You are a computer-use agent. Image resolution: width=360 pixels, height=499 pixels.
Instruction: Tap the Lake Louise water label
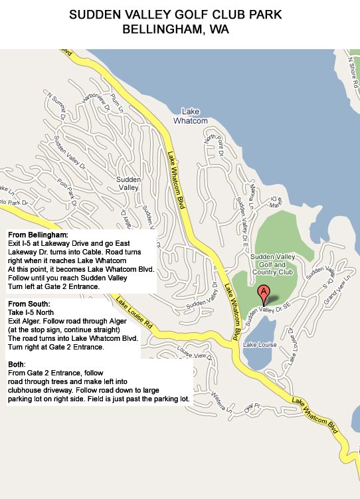point(259,344)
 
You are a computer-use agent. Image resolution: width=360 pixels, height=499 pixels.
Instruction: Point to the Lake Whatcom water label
point(191,116)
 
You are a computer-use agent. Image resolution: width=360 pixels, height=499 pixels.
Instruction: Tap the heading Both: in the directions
point(17,365)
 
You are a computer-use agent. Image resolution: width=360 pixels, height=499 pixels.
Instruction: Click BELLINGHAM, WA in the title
point(179,29)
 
